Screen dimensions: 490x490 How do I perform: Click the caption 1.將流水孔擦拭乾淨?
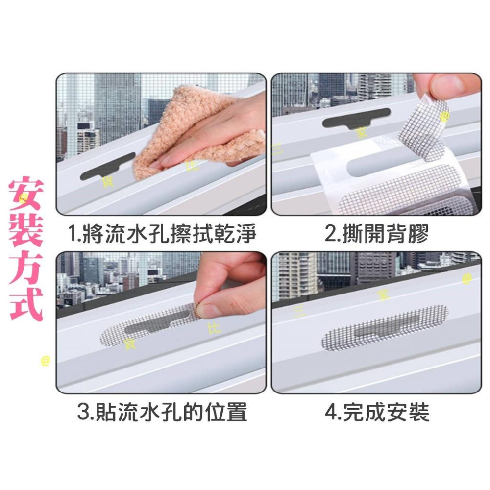163,234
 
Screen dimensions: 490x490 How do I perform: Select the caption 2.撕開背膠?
377,234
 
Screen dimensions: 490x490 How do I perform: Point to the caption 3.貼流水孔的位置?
162,412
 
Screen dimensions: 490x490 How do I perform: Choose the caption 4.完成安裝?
377,412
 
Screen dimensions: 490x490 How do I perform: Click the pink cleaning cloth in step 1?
196,132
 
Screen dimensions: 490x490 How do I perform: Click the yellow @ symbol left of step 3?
46,361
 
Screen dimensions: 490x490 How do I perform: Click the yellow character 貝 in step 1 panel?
104,182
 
